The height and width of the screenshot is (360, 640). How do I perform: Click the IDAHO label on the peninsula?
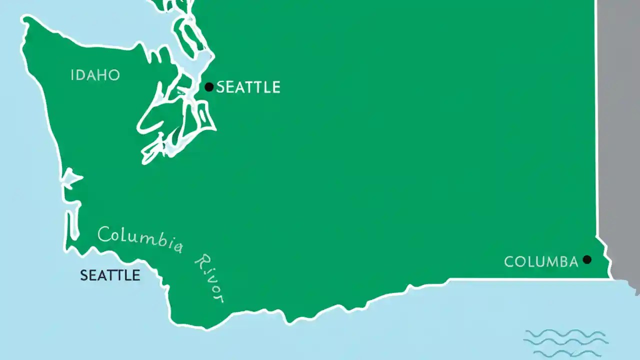95,75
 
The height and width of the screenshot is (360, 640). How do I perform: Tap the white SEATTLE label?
248,87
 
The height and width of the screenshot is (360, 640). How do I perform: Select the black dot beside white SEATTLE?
209,87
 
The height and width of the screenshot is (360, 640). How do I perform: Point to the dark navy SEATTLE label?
110,275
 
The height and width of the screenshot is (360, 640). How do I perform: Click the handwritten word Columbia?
140,240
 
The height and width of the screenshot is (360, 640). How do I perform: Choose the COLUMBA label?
541,261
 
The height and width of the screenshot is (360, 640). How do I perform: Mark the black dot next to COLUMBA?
587,259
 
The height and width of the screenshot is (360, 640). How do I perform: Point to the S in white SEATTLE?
220,87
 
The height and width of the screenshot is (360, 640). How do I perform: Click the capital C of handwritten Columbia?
104,233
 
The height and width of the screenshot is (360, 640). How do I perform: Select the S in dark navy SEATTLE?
84,275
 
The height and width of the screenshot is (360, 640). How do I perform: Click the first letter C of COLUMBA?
509,261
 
